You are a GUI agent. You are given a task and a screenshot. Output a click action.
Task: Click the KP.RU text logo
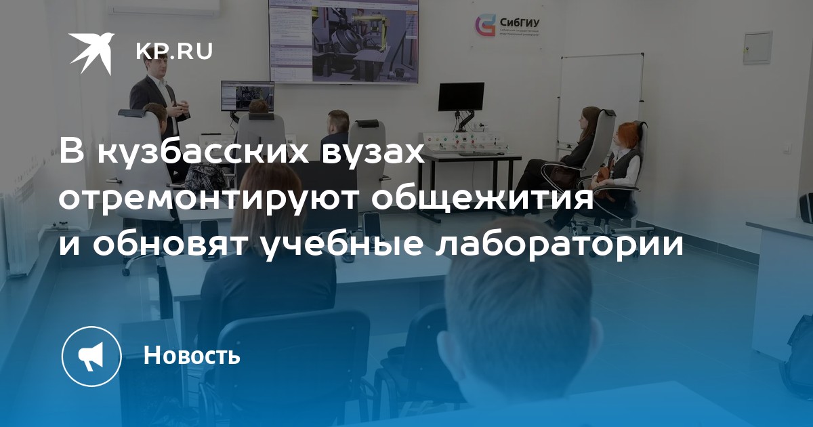pyautogui.click(x=174, y=52)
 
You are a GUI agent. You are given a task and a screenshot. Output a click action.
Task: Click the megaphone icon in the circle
pyautogui.click(x=91, y=356)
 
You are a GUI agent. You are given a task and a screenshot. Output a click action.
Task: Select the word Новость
pyautogui.click(x=192, y=355)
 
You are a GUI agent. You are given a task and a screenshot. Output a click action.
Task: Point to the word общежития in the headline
pyautogui.click(x=482, y=199)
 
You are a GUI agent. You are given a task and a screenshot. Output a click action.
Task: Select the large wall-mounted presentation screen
pyautogui.click(x=343, y=41)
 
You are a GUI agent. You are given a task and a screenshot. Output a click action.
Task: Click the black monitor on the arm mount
pyautogui.click(x=461, y=96)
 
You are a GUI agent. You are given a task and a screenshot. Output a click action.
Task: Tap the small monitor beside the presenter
pyautogui.click(x=247, y=96)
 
